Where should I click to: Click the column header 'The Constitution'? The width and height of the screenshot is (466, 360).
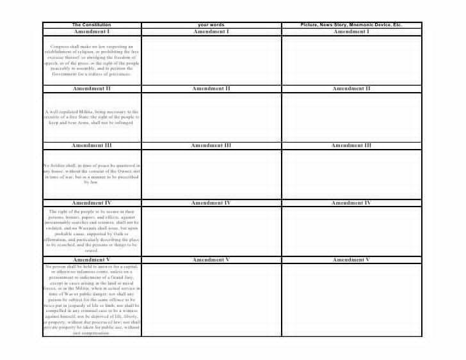(92, 25)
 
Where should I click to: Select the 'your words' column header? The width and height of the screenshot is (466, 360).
(211, 25)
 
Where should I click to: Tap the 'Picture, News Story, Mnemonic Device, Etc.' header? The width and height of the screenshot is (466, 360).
(351, 25)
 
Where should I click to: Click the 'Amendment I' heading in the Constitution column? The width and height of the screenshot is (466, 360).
(92, 31)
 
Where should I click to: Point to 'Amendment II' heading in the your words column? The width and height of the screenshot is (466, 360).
(211, 88)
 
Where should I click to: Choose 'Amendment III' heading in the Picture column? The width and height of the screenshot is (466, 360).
(351, 145)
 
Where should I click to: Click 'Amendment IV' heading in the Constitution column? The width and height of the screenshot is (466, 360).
(92, 203)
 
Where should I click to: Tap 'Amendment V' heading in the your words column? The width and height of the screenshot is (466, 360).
(211, 260)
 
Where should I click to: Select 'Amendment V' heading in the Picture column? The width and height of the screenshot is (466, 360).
(351, 260)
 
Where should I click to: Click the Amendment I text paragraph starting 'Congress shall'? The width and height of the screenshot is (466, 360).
(92, 60)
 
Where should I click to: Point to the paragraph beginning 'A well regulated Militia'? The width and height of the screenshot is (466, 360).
(92, 117)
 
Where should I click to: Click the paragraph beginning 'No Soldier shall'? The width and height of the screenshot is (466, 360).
(92, 173)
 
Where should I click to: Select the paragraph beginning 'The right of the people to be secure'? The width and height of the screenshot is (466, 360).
(92, 230)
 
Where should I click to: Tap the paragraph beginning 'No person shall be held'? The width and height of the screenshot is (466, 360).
(92, 299)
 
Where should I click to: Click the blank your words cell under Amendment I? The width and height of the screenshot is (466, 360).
(211, 59)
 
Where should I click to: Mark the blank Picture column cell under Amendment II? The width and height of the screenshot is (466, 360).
(351, 116)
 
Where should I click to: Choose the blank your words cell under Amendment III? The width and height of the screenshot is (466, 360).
(211, 174)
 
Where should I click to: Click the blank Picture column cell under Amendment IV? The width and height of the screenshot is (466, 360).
(351, 230)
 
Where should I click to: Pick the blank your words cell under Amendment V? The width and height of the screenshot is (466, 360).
(211, 299)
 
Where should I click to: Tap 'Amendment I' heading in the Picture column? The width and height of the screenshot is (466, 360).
(351, 31)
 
